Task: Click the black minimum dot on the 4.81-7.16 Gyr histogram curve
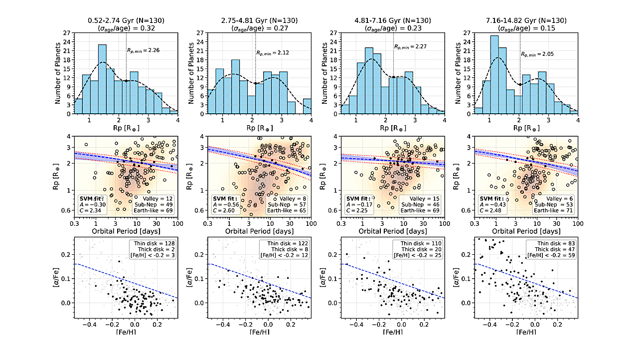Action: coord(393,77)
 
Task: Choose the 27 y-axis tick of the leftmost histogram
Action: coord(67,33)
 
